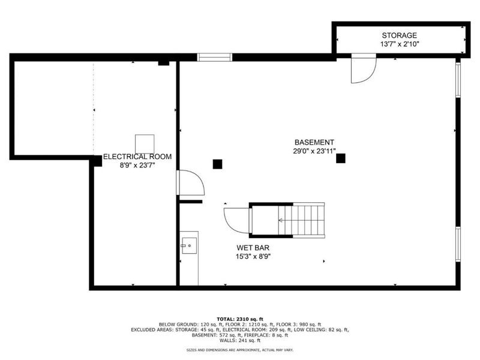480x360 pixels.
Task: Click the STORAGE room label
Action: [x=400, y=36]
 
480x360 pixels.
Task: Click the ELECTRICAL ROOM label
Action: [x=137, y=157]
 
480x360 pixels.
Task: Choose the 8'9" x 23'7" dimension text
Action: [x=137, y=166]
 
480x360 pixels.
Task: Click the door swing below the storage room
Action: [x=362, y=69]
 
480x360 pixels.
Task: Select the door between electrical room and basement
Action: [x=190, y=182]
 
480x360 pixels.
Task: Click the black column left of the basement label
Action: [x=217, y=163]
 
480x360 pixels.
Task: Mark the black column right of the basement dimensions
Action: [x=341, y=158]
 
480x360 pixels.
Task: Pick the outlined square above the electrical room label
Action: [x=144, y=144]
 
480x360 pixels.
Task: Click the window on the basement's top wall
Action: [x=215, y=58]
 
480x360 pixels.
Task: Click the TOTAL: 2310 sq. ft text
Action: [x=240, y=319]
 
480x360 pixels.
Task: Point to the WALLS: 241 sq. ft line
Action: [x=240, y=340]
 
